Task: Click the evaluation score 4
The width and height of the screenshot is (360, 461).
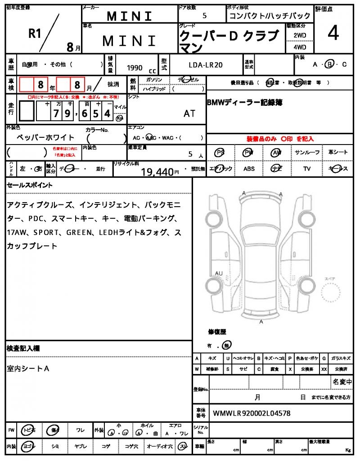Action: click(x=333, y=34)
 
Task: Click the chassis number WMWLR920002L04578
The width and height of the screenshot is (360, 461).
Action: click(x=252, y=413)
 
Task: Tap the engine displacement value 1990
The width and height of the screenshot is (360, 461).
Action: click(x=135, y=68)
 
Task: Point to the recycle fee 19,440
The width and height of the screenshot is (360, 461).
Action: click(x=157, y=171)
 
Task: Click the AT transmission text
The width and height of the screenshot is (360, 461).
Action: click(x=189, y=113)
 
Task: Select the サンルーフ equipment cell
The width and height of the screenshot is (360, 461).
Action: click(x=307, y=153)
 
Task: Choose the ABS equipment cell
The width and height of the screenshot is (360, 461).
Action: click(x=249, y=169)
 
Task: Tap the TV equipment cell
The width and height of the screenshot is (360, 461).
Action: click(x=307, y=169)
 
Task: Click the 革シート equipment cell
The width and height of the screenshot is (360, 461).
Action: click(x=338, y=153)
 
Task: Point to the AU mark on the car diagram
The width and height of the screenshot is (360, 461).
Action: click(x=219, y=273)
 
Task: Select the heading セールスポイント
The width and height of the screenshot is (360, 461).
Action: click(x=29, y=185)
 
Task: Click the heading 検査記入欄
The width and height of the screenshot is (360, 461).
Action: click(x=23, y=348)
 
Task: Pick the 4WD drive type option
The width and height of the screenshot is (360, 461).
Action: click(x=300, y=46)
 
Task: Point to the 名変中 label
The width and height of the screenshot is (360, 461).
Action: click(x=342, y=382)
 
